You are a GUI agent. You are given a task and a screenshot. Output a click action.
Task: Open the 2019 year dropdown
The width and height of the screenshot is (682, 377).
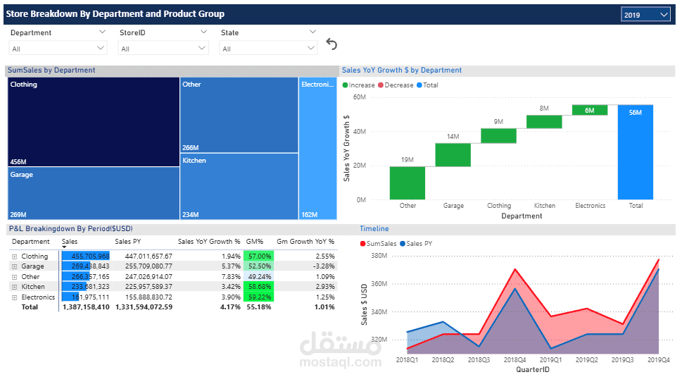[645, 15]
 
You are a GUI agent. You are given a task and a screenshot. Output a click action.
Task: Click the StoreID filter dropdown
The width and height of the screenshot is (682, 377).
[163, 49]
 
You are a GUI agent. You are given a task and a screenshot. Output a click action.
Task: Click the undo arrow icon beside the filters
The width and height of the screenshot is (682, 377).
[331, 44]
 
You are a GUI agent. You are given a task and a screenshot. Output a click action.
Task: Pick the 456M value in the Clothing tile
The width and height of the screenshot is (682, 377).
[18, 161]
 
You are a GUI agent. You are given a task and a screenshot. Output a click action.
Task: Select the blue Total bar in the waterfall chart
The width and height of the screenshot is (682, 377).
[635, 152]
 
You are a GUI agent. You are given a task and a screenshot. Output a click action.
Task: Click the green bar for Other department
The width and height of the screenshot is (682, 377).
[408, 183]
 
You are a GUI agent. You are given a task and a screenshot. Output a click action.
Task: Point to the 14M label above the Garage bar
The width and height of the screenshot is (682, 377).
[453, 137]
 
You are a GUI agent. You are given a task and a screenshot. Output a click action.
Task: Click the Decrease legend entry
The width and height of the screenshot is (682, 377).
[398, 85]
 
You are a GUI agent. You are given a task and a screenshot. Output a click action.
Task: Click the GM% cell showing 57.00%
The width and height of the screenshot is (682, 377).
[258, 257]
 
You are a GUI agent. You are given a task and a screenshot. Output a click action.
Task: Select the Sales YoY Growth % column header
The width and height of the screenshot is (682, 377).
[209, 242]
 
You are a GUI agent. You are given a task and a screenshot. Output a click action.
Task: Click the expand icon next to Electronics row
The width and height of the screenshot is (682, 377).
[14, 297]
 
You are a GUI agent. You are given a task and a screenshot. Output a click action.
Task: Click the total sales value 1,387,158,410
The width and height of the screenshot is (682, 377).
[86, 307]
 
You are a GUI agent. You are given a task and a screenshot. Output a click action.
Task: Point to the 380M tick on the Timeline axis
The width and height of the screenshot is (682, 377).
[379, 256]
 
